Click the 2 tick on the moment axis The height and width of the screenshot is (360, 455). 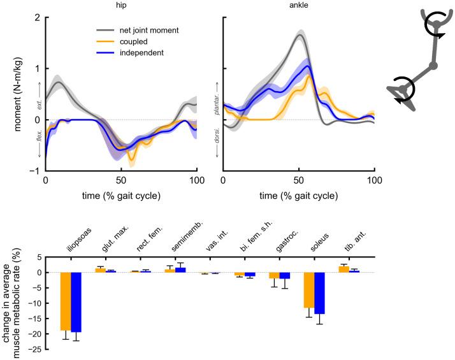pyautogui.click(x=36, y=17)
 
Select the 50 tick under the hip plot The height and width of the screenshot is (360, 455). pyautogui.click(x=121, y=180)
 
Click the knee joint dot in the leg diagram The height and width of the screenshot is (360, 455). pyautogui.click(x=433, y=66)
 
